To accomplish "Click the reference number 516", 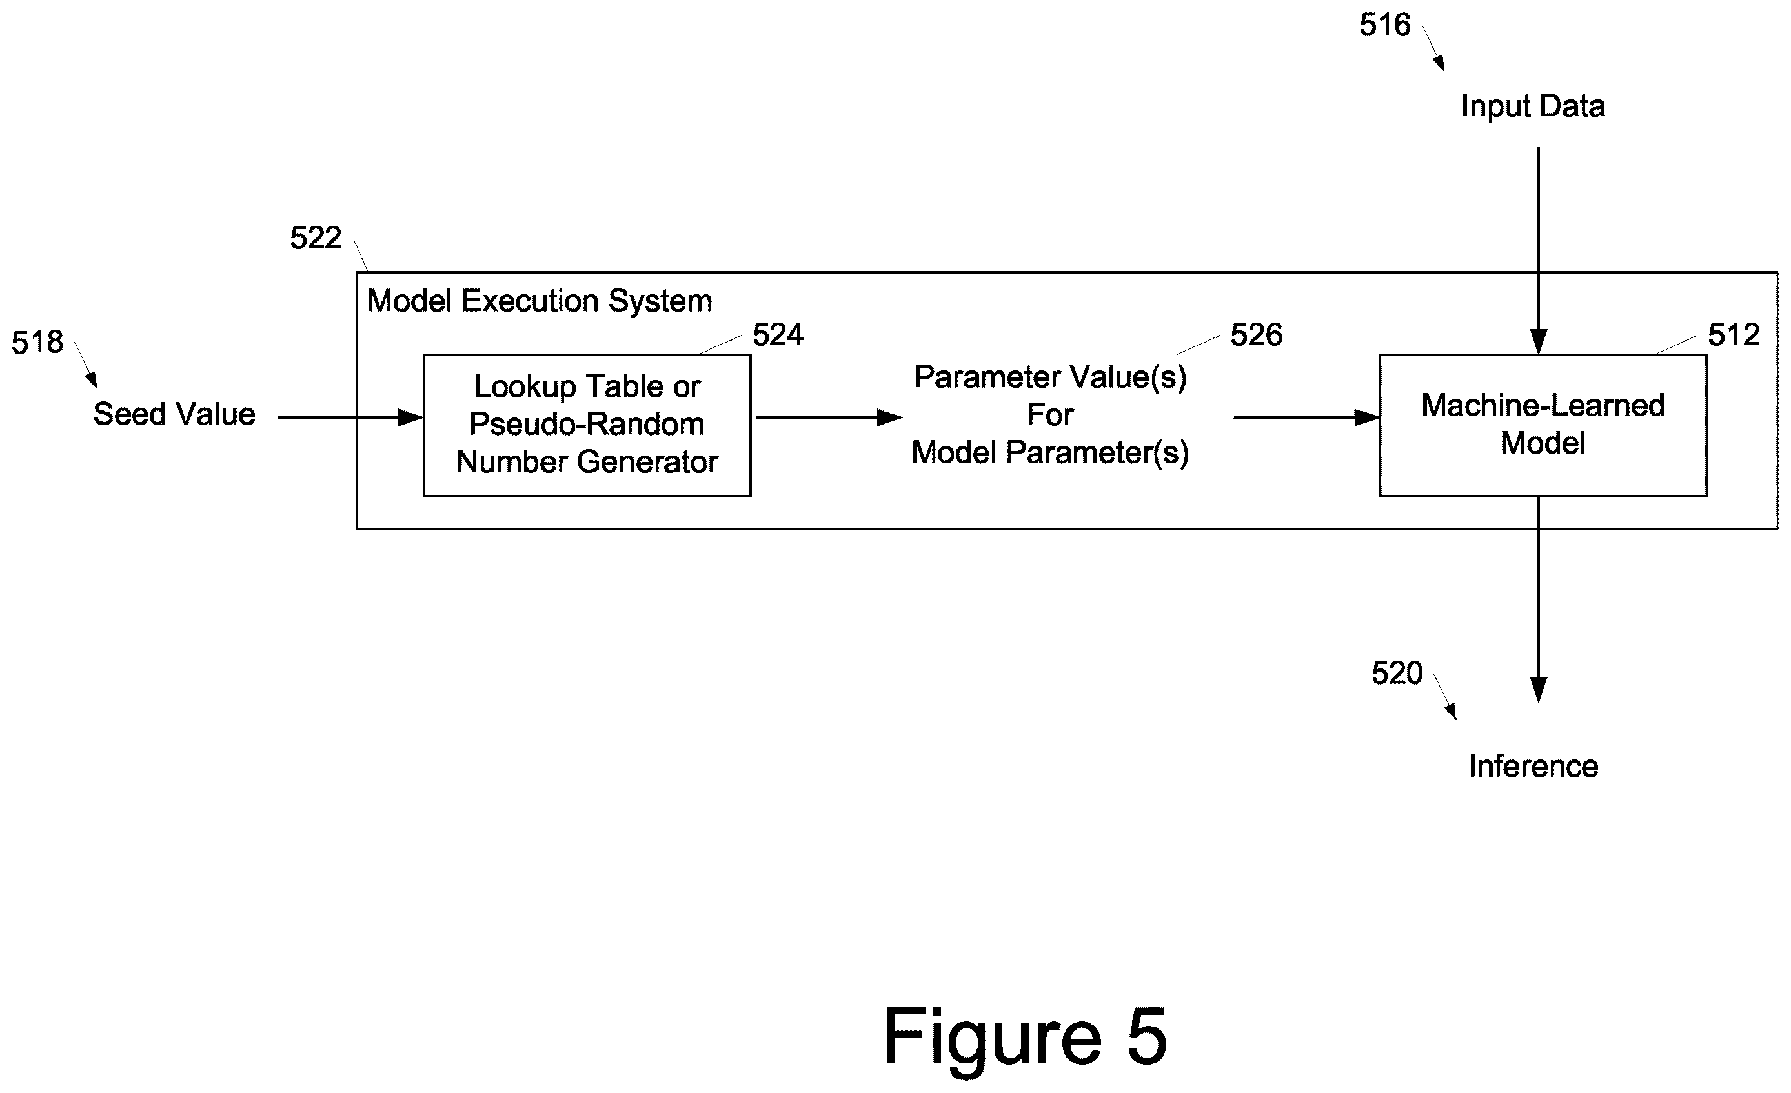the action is [1384, 25].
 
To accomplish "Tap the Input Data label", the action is [1533, 106].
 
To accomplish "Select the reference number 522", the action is [316, 237].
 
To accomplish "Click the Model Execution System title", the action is [540, 301].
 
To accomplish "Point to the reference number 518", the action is [37, 343].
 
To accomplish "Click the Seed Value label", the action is [174, 414].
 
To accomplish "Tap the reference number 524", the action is [778, 335].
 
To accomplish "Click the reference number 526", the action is [1256, 335].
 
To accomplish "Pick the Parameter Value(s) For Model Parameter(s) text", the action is [1050, 415].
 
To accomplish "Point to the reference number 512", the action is [1734, 335].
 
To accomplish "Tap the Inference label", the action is [1533, 766].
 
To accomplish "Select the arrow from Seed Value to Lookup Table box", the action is [350, 418].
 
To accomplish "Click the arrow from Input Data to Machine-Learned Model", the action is [1538, 251].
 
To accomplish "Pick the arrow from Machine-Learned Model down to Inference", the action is [1539, 599].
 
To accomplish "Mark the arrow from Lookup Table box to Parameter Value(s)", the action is [829, 418].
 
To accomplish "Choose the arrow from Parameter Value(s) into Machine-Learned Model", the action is [1307, 418].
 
